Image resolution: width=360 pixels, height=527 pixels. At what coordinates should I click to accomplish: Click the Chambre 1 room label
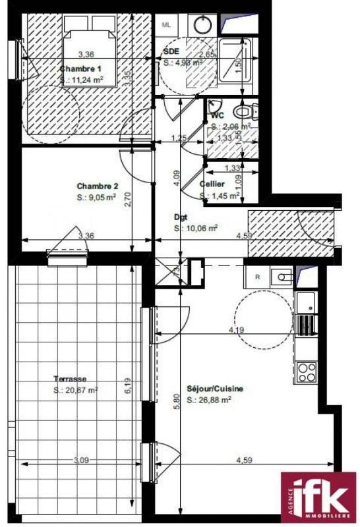[81, 69]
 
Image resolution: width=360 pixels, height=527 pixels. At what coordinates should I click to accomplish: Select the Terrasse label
[71, 379]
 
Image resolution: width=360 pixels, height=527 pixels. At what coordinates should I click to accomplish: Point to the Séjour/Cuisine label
[215, 389]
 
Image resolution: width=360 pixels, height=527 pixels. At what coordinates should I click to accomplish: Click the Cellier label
[212, 184]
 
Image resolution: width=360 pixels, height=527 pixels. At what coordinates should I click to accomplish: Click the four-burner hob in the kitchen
[306, 372]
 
